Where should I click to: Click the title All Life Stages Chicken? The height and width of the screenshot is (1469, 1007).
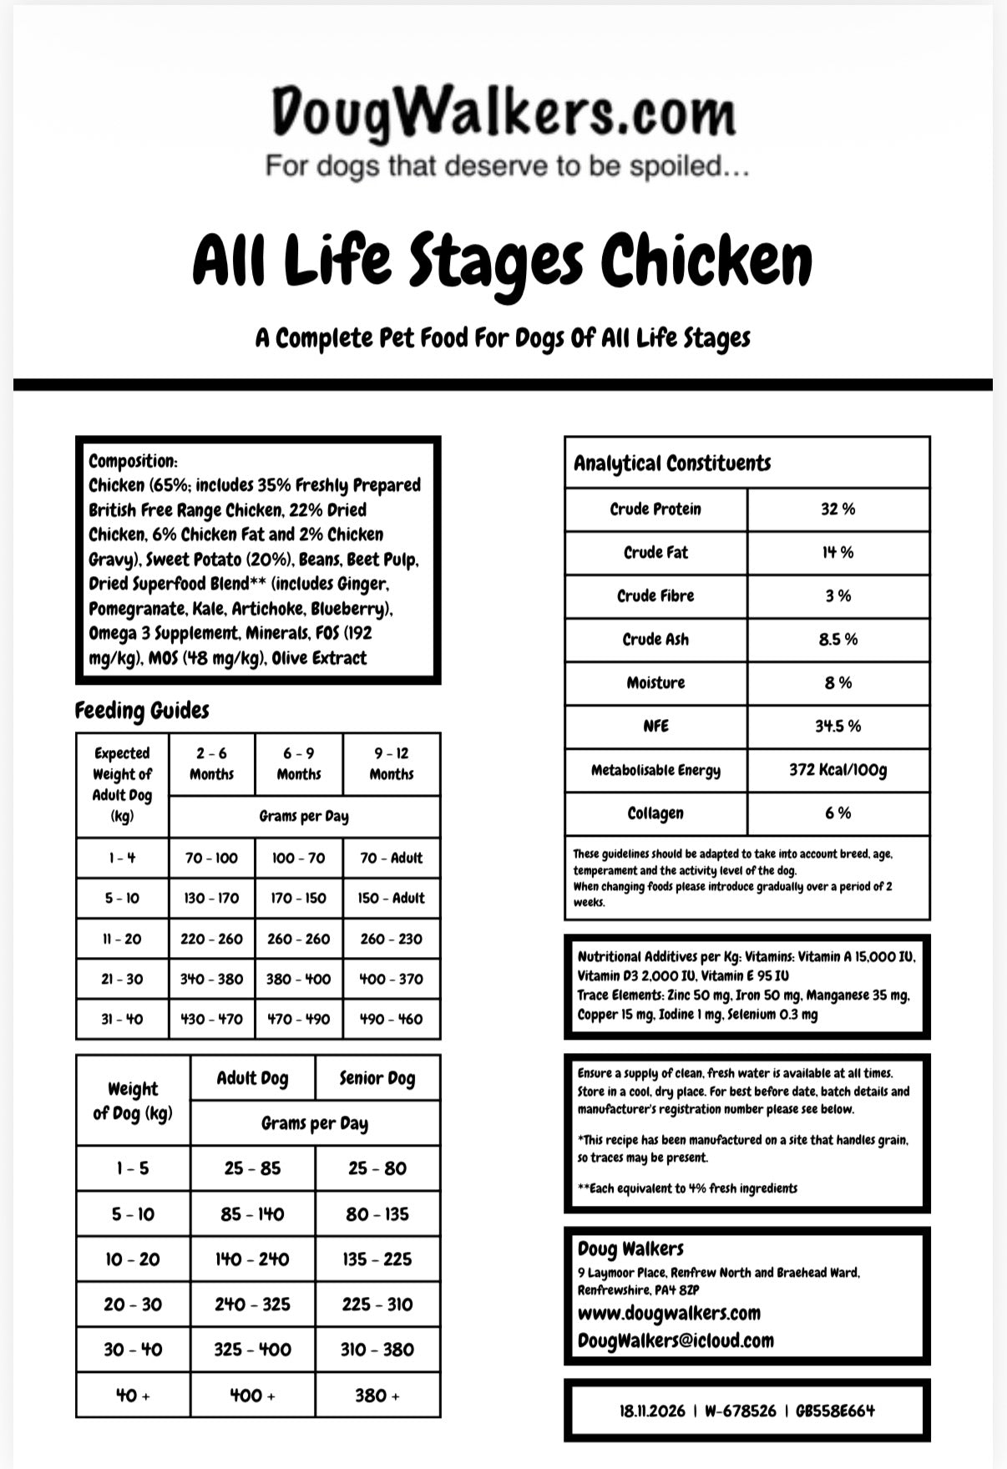pyautogui.click(x=503, y=261)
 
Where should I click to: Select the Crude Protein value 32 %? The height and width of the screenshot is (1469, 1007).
pyautogui.click(x=837, y=509)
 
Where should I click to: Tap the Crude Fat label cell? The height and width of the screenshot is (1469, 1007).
pyautogui.click(x=655, y=553)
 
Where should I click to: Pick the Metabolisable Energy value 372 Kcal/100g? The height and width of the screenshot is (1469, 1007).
pyautogui.click(x=837, y=770)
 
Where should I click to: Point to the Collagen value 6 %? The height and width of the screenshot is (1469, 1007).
pyautogui.click(x=837, y=813)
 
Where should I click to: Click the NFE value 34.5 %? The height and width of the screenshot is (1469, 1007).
pyautogui.click(x=837, y=727)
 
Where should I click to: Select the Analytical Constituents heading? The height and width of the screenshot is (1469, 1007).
pyautogui.click(x=672, y=463)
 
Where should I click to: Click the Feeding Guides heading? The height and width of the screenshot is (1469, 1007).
pyautogui.click(x=142, y=711)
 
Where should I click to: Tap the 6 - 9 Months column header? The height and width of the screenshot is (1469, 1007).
pyautogui.click(x=299, y=763)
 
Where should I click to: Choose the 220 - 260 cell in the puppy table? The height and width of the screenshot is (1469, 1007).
pyautogui.click(x=211, y=939)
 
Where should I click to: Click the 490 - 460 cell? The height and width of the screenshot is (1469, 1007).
pyautogui.click(x=391, y=1020)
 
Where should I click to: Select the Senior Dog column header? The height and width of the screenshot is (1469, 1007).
pyautogui.click(x=377, y=1078)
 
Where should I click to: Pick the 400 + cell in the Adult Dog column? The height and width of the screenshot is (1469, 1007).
pyautogui.click(x=252, y=1396)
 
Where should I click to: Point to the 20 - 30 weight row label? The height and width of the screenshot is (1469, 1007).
pyautogui.click(x=133, y=1304)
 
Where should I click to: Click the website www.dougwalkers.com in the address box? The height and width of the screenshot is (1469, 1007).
pyautogui.click(x=669, y=1313)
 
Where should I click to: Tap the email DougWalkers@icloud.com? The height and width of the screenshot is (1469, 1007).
pyautogui.click(x=676, y=1340)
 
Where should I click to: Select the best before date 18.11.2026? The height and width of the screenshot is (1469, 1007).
pyautogui.click(x=652, y=1411)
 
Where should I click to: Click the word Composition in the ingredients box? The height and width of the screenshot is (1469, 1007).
pyautogui.click(x=132, y=461)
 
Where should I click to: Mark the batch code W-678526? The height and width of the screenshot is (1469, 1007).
pyautogui.click(x=740, y=1411)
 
